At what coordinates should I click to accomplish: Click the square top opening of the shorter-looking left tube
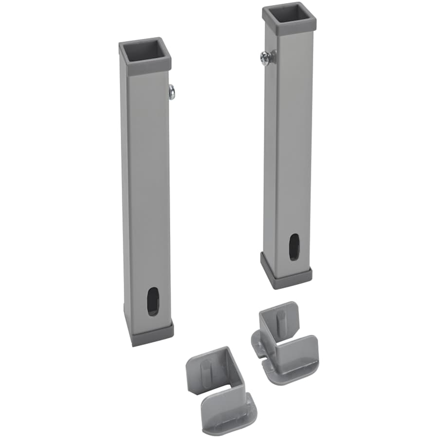click(x=145, y=51)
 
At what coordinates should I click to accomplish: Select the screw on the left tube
click(x=171, y=91)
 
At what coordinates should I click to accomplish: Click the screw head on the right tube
click(x=264, y=59)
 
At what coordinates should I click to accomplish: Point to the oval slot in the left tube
click(x=153, y=301)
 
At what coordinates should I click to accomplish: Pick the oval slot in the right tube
click(x=294, y=247)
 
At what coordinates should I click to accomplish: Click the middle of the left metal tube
click(x=146, y=195)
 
